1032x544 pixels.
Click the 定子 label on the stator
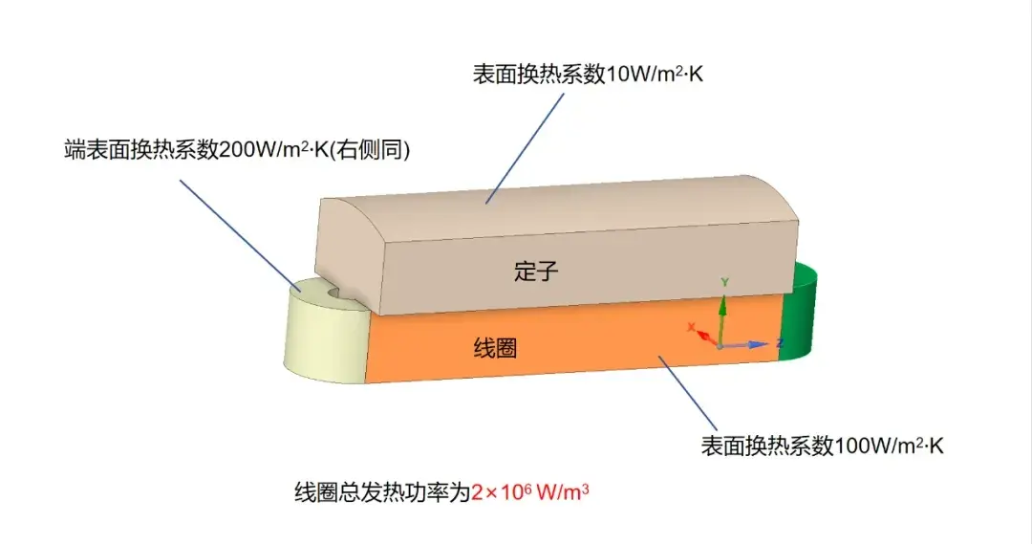tap(536, 271)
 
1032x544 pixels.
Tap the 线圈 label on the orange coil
tap(495, 348)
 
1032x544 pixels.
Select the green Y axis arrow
tap(722, 320)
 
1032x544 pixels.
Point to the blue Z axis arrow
tap(745, 344)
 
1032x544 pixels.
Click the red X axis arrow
tap(708, 337)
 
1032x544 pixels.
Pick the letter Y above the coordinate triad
tap(724, 282)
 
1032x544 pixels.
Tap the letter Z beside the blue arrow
tap(780, 343)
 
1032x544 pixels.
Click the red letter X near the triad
tap(691, 327)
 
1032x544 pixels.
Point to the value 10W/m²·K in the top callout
tap(655, 73)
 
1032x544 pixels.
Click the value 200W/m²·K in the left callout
tap(273, 149)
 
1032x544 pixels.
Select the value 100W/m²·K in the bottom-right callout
tap(889, 446)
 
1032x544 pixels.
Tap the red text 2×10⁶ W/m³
tap(529, 492)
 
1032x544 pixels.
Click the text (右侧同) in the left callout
tap(369, 149)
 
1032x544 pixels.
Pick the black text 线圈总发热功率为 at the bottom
tap(382, 492)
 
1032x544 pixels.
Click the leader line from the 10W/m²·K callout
tap(525, 148)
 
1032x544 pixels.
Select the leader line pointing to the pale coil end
tap(241, 235)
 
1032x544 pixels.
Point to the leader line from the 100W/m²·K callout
tap(687, 394)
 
